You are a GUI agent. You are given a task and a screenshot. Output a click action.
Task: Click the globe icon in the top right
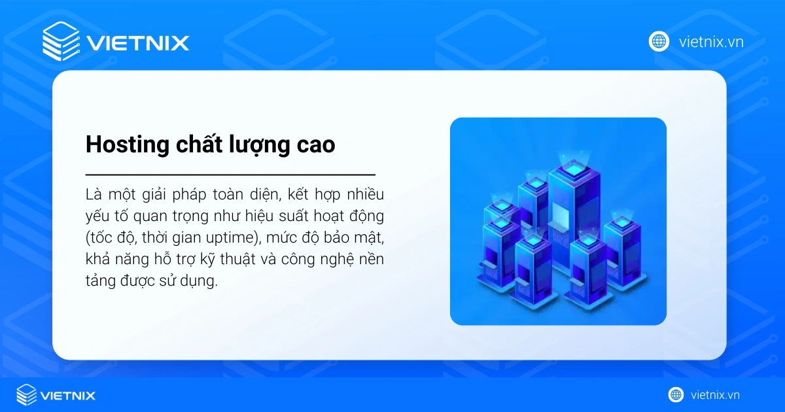[x=658, y=42]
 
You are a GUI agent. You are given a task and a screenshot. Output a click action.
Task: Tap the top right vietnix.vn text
[x=711, y=43]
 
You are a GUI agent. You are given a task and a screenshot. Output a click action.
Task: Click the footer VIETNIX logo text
[x=67, y=396]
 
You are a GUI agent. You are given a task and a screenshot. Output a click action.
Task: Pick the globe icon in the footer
[x=676, y=395]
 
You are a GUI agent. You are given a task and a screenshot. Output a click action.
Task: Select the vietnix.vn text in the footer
[x=714, y=395]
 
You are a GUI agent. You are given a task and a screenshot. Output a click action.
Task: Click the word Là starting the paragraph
[x=94, y=194]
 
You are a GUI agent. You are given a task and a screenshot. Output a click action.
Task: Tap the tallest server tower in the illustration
[x=565, y=209]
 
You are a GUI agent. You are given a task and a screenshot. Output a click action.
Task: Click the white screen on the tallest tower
[x=562, y=215]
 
